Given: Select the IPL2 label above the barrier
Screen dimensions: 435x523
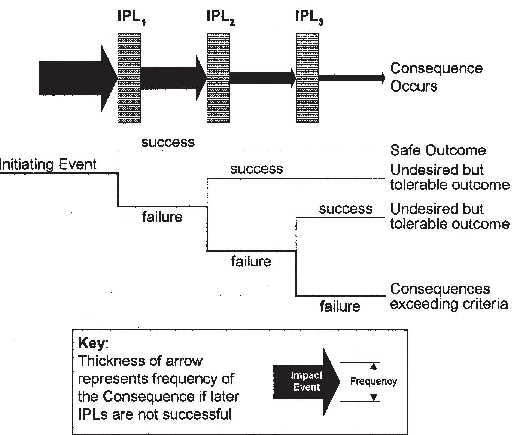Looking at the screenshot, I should pyautogui.click(x=221, y=17).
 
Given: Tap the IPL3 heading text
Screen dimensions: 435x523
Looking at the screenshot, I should pyautogui.click(x=309, y=17).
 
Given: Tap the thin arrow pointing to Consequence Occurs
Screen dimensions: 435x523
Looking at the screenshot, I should pyautogui.click(x=352, y=78).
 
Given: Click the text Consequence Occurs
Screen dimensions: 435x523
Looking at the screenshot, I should pyautogui.click(x=436, y=77).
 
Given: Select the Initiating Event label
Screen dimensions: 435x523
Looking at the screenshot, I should pyautogui.click(x=48, y=164).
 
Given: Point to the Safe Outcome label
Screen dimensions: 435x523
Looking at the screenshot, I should pyautogui.click(x=438, y=150).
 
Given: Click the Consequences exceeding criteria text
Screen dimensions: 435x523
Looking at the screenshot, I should pyautogui.click(x=448, y=296).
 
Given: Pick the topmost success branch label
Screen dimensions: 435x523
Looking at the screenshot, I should pyautogui.click(x=168, y=142).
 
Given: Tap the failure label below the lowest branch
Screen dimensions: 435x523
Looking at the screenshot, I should pyautogui.click(x=340, y=306).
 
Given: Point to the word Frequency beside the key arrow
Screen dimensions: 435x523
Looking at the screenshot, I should pyautogui.click(x=374, y=381).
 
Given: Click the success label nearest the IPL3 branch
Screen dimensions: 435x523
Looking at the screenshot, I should pyautogui.click(x=346, y=209).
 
